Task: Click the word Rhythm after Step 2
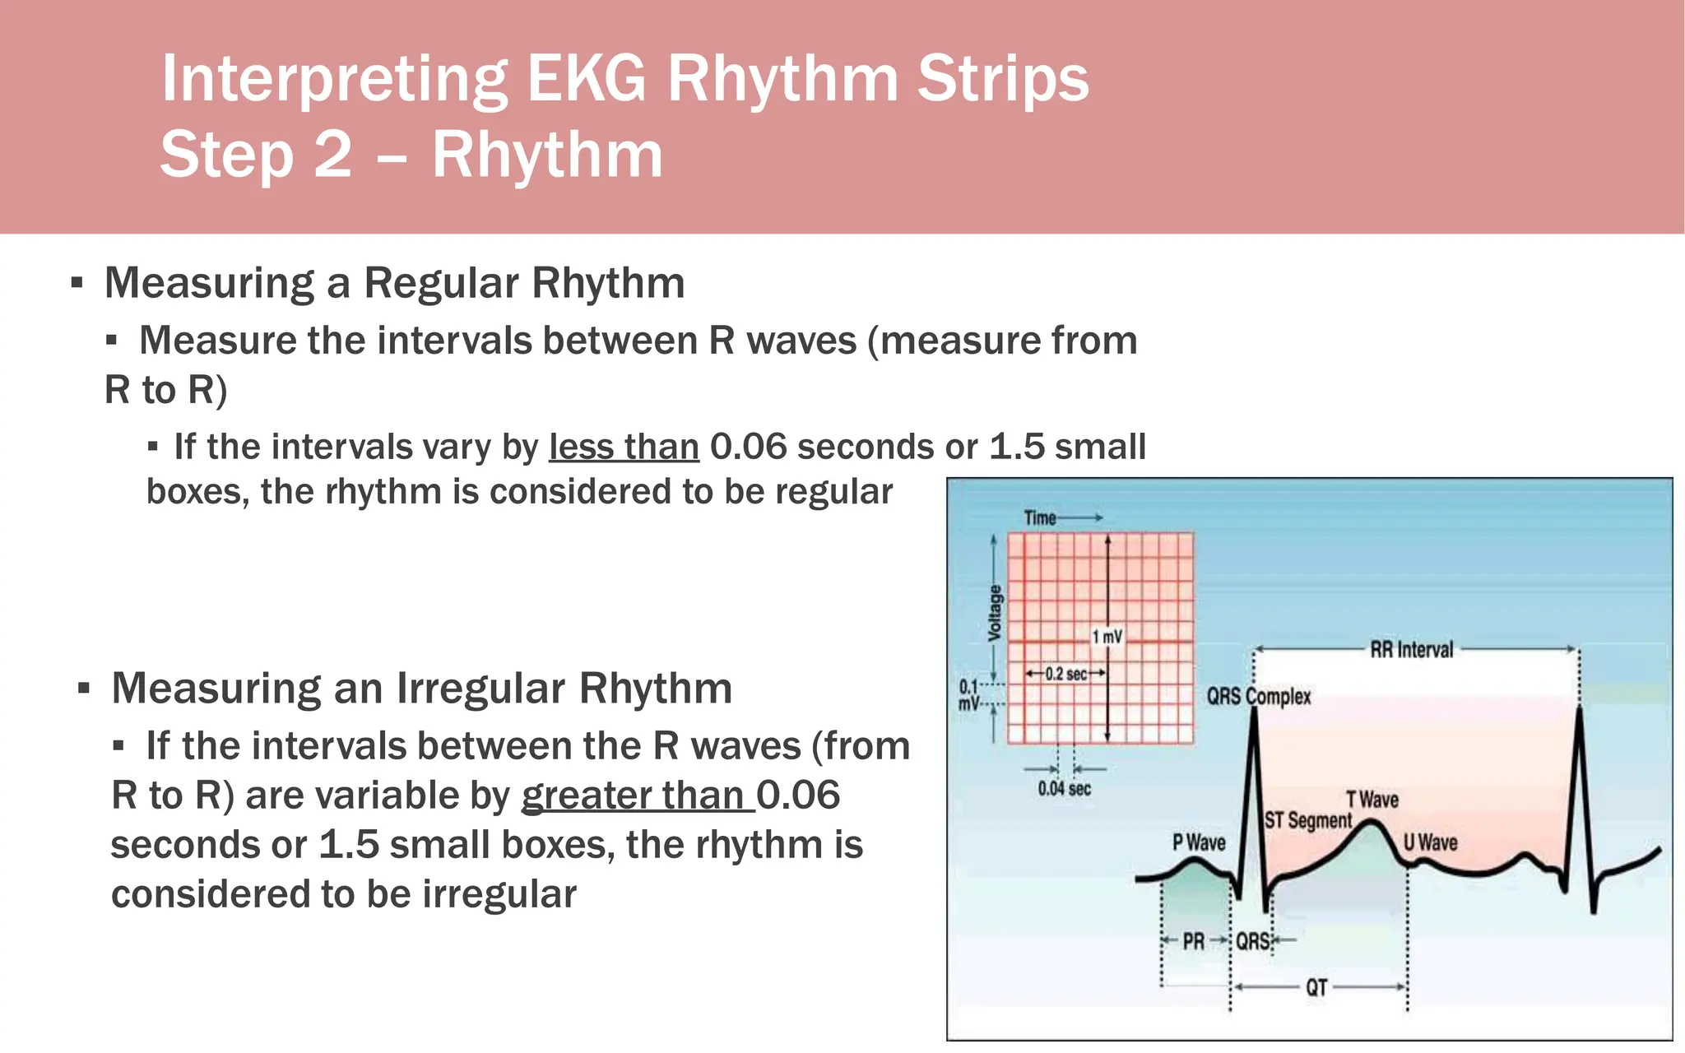547,155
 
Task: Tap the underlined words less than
624,447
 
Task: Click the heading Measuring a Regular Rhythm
394,283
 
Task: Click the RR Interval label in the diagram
1411,650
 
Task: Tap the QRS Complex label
1258,697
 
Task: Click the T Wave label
1372,800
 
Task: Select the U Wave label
1430,842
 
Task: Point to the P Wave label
1198,842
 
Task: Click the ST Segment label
1307,820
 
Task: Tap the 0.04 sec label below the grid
1064,789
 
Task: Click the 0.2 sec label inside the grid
1066,674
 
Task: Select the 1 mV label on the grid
1107,637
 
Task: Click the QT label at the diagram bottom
1316,987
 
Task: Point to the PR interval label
1193,941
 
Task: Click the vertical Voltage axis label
995,613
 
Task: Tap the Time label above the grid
1040,517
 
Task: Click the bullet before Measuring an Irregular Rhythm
83,689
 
